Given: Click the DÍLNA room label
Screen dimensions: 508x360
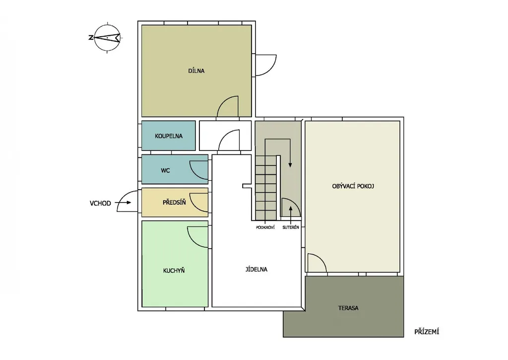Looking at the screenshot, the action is [196, 71].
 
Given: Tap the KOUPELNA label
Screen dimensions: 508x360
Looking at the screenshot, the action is [169, 136].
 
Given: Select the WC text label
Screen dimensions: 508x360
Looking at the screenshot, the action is [165, 170].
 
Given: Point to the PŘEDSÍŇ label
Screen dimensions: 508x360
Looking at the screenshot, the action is [174, 203].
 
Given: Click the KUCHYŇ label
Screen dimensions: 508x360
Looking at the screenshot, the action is [174, 270].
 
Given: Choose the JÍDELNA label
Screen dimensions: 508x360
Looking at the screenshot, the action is [256, 269].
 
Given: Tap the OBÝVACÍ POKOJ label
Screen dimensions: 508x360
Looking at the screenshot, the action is [353, 186].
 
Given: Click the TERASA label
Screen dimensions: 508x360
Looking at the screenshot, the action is [348, 308].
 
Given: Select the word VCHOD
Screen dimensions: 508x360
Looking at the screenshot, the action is [100, 204].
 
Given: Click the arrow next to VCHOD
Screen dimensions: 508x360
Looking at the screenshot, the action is [123, 203].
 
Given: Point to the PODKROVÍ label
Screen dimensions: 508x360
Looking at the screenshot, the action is [265, 227].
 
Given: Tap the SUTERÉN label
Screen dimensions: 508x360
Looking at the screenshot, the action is [291, 227].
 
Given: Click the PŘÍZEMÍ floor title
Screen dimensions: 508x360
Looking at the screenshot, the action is [427, 332].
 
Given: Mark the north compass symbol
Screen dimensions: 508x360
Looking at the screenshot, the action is [108, 38].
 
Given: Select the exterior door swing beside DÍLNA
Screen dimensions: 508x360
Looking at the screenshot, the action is [266, 65].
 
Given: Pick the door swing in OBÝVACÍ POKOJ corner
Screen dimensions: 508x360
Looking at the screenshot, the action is [317, 263].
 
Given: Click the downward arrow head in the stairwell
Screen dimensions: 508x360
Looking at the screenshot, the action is [290, 165].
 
